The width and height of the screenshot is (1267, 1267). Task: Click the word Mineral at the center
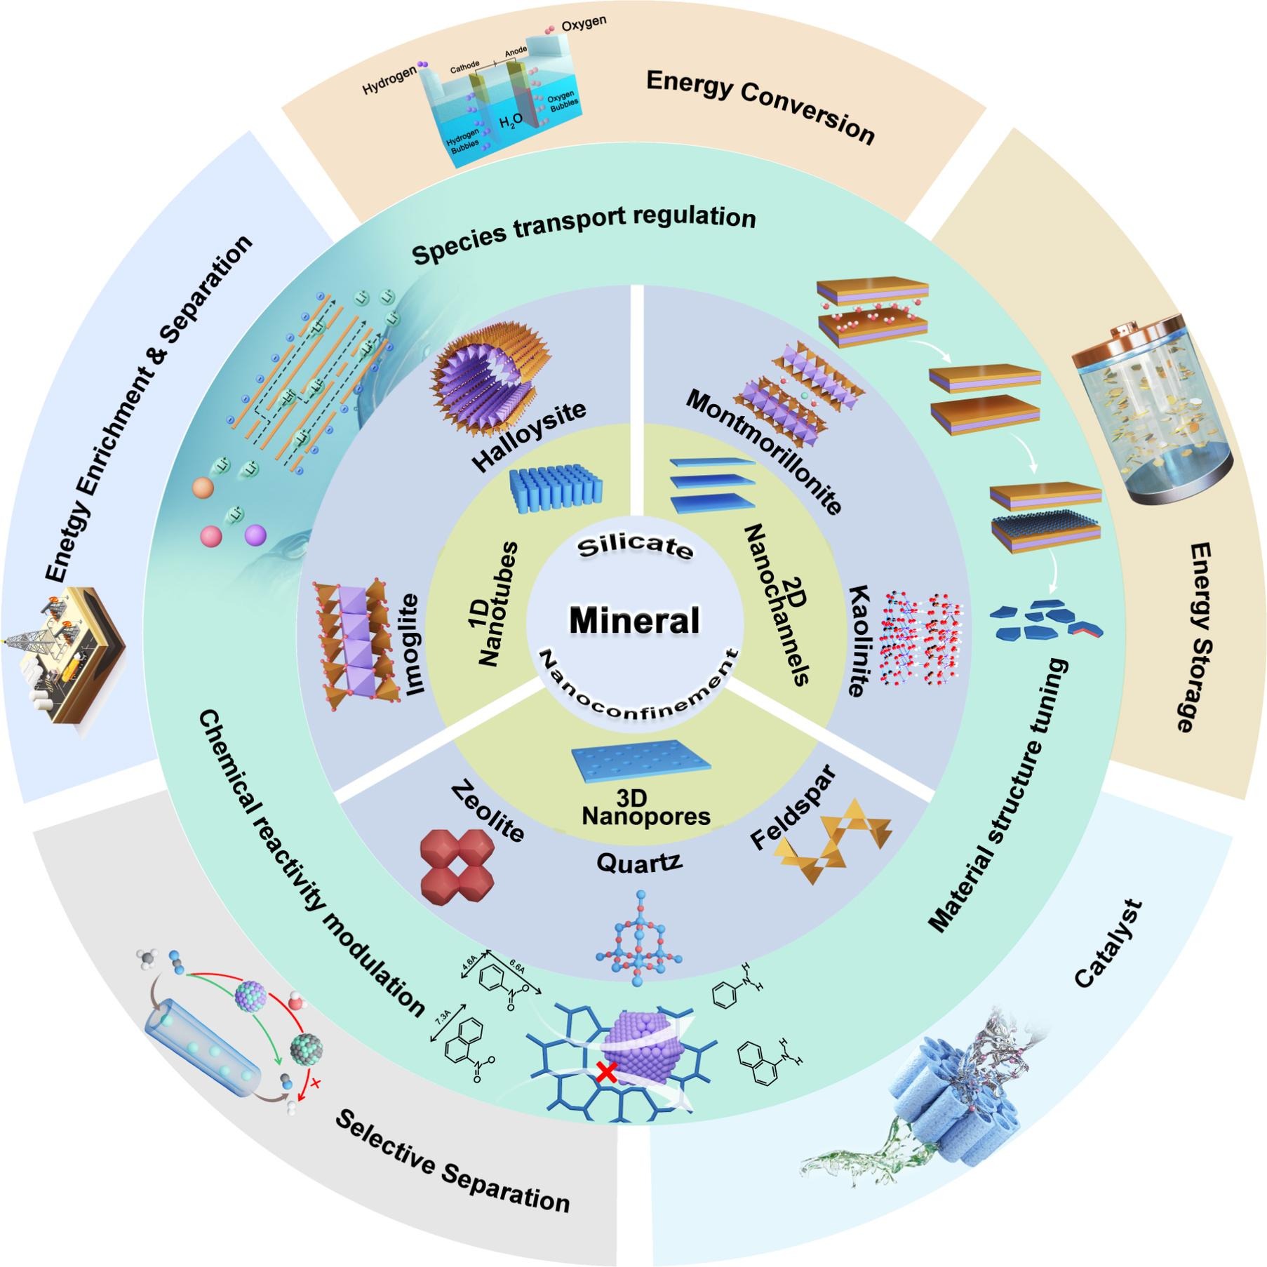pos(633,621)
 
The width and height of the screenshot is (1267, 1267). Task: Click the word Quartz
pos(638,862)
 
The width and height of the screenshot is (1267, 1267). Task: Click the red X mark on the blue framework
pos(607,1071)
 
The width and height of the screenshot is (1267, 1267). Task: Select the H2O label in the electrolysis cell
pos(510,123)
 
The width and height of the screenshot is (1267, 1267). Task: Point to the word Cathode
pos(464,67)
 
